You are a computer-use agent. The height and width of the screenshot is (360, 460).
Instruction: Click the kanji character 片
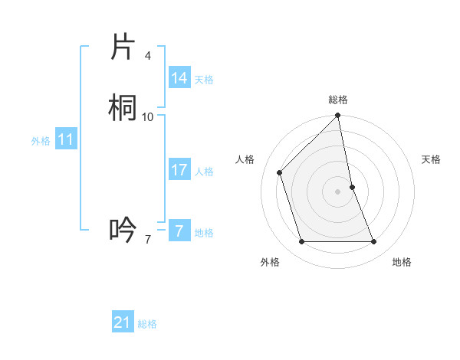(x=123, y=47)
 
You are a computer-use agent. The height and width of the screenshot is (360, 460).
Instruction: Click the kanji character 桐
(x=123, y=108)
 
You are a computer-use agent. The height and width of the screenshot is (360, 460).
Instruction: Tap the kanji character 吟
(x=123, y=229)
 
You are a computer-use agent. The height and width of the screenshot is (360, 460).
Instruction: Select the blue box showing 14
(x=179, y=78)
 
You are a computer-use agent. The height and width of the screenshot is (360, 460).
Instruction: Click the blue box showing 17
(x=179, y=170)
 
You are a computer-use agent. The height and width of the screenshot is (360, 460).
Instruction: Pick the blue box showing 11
(x=66, y=139)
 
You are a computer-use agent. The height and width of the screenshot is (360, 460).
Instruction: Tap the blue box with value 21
(x=123, y=322)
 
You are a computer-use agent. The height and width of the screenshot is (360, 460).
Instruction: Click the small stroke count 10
(x=148, y=116)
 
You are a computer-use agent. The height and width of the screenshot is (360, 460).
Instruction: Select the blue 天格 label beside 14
(x=204, y=80)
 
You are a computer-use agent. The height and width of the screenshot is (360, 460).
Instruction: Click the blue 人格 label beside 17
(x=205, y=172)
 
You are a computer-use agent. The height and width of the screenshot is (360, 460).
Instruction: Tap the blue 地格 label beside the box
(x=205, y=233)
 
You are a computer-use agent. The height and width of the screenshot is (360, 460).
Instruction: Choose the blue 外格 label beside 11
(x=41, y=141)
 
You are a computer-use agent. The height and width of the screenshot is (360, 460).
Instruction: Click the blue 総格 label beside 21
(x=147, y=324)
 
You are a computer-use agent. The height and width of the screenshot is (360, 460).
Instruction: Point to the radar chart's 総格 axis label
(x=338, y=100)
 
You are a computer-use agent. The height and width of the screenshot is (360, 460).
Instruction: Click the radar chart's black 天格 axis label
(x=432, y=159)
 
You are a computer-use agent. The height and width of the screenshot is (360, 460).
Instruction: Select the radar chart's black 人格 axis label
(x=245, y=159)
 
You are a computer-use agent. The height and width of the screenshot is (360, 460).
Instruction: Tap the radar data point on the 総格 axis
(x=338, y=116)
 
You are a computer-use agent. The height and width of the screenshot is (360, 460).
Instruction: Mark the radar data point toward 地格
(x=374, y=242)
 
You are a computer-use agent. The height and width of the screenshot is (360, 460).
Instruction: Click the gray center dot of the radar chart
(x=338, y=191)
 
